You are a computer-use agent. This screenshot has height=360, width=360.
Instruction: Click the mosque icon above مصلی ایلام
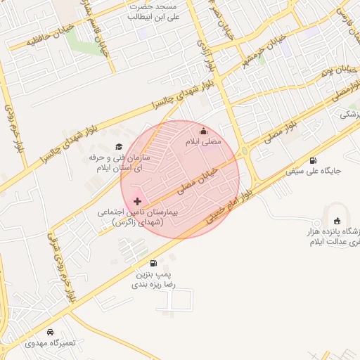(x=203, y=131)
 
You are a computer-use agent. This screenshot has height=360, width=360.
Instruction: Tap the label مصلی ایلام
(x=203, y=142)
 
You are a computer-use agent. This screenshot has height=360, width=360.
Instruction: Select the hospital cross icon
(x=137, y=201)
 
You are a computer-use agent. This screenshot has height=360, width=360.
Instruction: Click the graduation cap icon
(x=118, y=146)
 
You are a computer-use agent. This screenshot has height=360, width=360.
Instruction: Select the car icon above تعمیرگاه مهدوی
(x=50, y=332)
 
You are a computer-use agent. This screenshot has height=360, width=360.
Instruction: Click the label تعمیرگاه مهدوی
(x=49, y=343)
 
